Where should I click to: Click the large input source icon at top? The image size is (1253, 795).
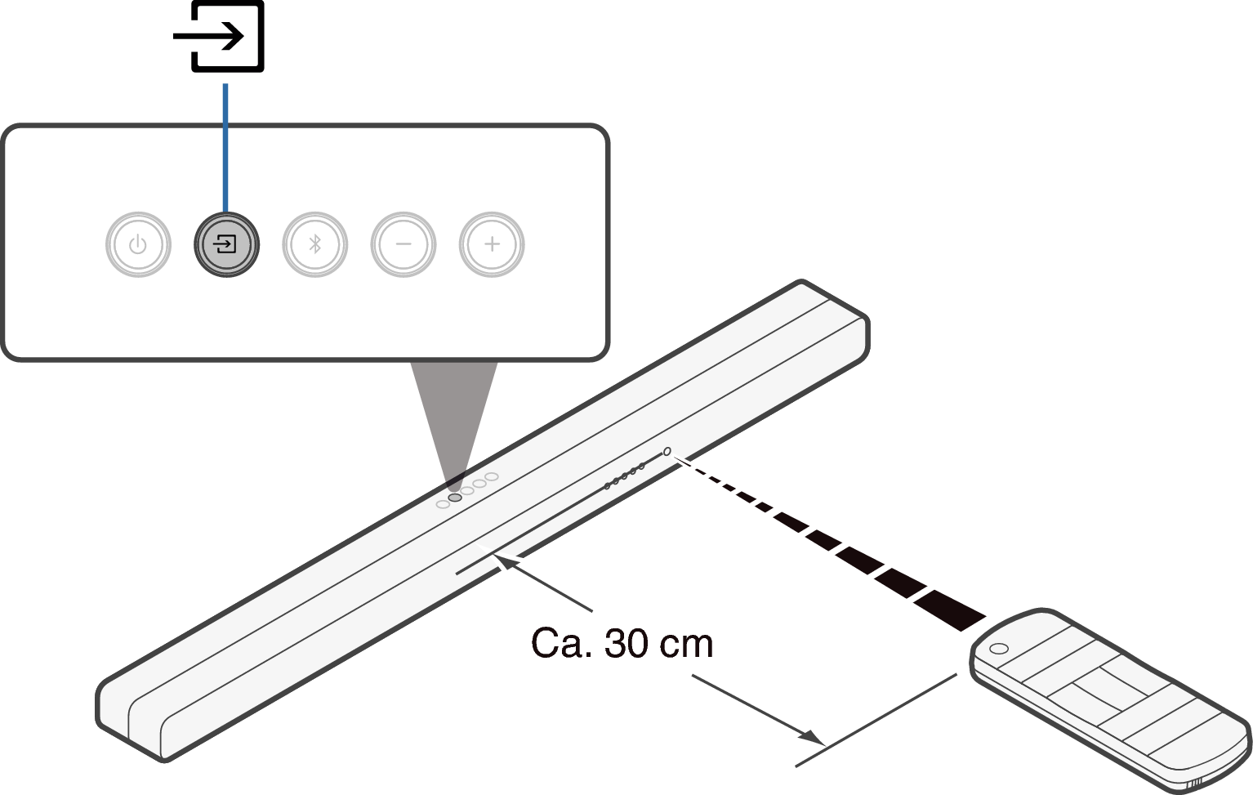(x=219, y=37)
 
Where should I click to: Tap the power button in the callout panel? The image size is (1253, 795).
(x=138, y=244)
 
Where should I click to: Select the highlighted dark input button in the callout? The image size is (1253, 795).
(x=226, y=244)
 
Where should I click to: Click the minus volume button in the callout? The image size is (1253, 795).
(x=404, y=244)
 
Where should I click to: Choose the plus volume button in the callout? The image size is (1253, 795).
(x=492, y=244)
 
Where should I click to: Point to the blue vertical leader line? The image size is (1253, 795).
(x=225, y=148)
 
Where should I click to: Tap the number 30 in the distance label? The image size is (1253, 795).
(x=626, y=643)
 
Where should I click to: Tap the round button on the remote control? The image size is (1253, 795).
(x=999, y=649)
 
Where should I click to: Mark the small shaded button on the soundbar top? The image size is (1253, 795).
(x=455, y=498)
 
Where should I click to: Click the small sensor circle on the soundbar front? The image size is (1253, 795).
(x=667, y=451)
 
